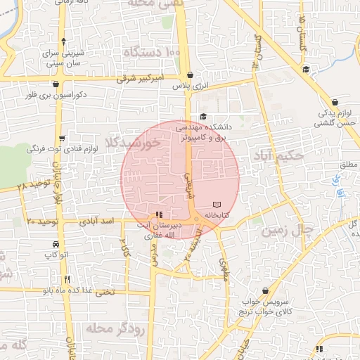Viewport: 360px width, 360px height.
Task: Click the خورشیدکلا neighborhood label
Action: tap(143, 143)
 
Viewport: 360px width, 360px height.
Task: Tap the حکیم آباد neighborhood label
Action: tap(281, 155)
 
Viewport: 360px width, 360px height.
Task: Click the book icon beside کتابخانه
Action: tap(216, 205)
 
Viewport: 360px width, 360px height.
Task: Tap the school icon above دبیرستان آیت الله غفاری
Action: tap(159, 214)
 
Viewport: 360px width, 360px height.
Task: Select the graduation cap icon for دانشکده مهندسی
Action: tap(204, 117)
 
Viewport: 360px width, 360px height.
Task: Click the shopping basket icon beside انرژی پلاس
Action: tap(190, 75)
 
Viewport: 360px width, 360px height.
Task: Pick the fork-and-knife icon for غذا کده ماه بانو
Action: tap(67, 279)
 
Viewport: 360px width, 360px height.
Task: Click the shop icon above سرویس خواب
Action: tap(265, 290)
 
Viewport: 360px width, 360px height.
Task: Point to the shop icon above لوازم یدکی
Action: tap(335, 102)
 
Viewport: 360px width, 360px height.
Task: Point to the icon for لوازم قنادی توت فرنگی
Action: tap(64, 138)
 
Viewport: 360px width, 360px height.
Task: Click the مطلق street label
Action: tap(349, 165)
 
